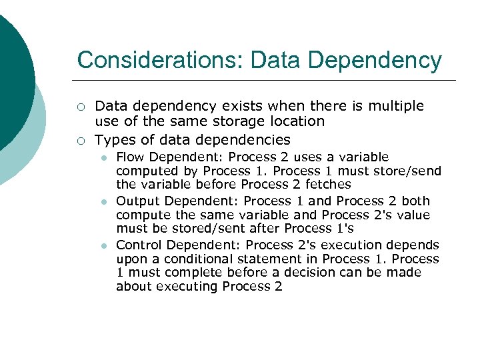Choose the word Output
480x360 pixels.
click(138, 201)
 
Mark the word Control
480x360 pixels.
click(139, 245)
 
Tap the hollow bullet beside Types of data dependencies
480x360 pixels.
click(80, 140)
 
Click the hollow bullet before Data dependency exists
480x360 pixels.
click(80, 107)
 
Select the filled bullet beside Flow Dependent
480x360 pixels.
click(104, 158)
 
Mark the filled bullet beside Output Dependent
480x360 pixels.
click(104, 201)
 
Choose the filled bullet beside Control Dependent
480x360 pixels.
click(104, 245)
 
